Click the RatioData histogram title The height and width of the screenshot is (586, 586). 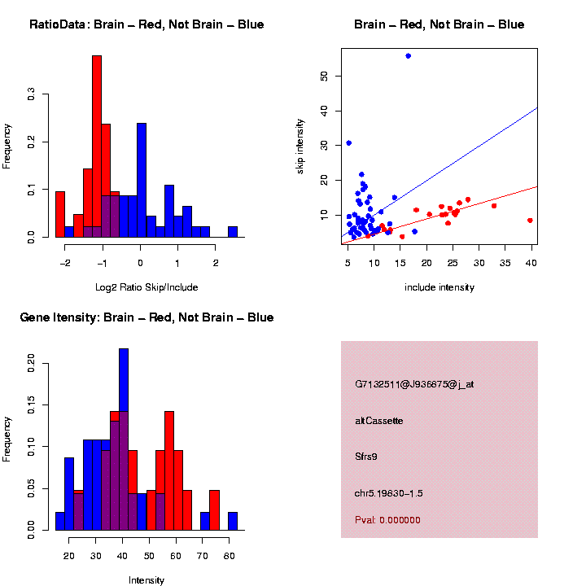tap(146, 24)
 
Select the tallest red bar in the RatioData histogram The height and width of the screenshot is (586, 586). tap(97, 146)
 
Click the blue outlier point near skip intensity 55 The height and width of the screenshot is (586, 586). tap(408, 55)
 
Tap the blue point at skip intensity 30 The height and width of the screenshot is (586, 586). tap(348, 142)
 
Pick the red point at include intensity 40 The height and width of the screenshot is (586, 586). tap(530, 220)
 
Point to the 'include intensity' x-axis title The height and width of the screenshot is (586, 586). tap(439, 287)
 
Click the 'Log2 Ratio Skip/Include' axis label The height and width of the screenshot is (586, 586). tap(146, 286)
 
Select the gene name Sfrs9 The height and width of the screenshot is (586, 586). tap(366, 457)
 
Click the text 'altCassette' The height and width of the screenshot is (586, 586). tap(379, 421)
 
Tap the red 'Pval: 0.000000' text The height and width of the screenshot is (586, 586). tap(387, 520)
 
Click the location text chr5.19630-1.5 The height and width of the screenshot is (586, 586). tap(389, 493)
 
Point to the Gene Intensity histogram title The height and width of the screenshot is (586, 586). tap(146, 317)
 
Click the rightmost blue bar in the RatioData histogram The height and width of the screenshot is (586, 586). tap(233, 232)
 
